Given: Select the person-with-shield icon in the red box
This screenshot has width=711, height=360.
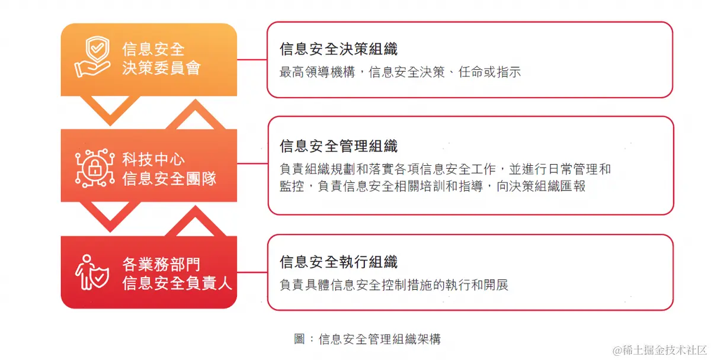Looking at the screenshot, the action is click(x=92, y=272).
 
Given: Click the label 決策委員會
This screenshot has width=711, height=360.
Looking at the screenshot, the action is click(x=161, y=67).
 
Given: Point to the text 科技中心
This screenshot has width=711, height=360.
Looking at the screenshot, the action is click(x=153, y=159).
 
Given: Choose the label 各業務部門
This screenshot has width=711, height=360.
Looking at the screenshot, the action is click(x=161, y=264).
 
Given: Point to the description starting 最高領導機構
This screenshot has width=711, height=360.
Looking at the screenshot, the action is click(x=400, y=73).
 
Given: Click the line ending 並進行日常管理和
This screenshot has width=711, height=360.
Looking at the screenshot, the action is click(x=445, y=169).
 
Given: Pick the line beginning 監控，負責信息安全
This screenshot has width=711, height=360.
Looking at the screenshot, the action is click(x=433, y=186).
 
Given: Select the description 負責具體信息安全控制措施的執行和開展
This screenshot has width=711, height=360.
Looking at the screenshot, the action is click(x=394, y=285).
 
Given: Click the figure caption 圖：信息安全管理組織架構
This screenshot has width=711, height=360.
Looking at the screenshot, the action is click(x=367, y=339).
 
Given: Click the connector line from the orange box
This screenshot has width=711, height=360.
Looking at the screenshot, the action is click(x=252, y=59).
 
